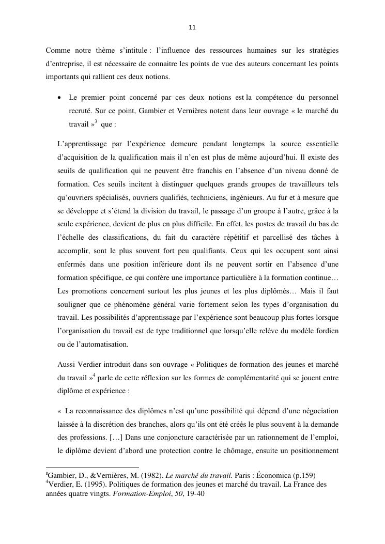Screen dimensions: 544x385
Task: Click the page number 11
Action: point(192,27)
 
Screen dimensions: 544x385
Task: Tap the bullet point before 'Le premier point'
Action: point(60,98)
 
